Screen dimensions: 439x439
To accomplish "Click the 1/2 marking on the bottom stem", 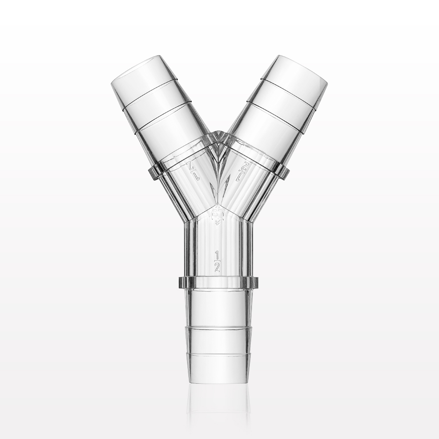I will click(217, 261).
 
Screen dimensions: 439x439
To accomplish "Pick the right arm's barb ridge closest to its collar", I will click(275, 116).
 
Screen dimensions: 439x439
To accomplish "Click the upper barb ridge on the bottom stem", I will click(218, 327).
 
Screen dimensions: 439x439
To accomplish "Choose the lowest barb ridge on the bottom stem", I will click(218, 353).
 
